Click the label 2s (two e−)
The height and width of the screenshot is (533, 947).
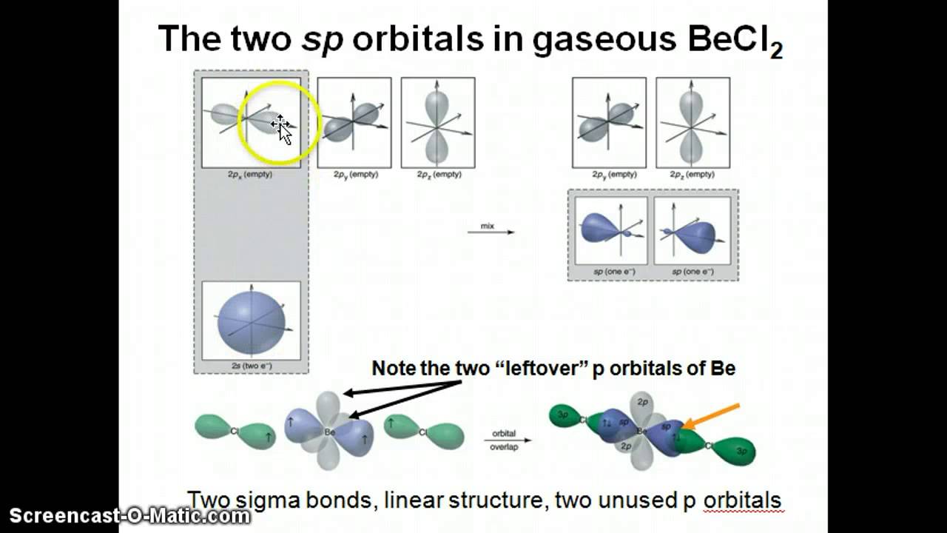(x=251, y=366)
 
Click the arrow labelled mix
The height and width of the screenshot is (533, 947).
(x=491, y=231)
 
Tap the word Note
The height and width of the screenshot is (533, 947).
(x=394, y=368)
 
